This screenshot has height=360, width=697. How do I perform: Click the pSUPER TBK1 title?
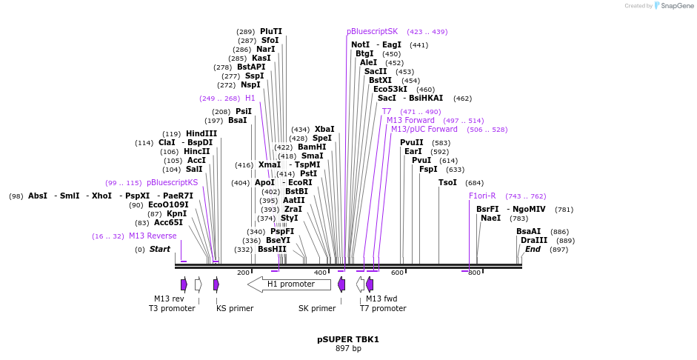348,339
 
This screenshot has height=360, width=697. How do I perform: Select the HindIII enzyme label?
201,133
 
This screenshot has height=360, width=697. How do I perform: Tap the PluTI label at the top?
271,31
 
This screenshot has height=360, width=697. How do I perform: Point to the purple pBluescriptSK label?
372,31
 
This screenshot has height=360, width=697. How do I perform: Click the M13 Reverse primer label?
153,236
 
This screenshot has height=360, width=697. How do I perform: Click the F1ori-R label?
482,196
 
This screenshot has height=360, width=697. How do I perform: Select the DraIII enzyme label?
533,240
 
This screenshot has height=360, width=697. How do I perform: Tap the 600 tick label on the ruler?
398,273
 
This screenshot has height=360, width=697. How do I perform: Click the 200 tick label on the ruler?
243,273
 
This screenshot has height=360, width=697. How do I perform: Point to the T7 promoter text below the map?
383,308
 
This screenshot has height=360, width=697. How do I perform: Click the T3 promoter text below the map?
172,308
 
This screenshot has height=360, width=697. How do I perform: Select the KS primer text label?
235,308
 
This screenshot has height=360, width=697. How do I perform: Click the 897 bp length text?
348,348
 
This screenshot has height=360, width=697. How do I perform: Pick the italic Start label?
159,249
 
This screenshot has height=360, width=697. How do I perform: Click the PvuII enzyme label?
412,142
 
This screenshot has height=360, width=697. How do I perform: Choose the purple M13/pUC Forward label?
424,129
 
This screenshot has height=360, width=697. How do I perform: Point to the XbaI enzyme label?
324,129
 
